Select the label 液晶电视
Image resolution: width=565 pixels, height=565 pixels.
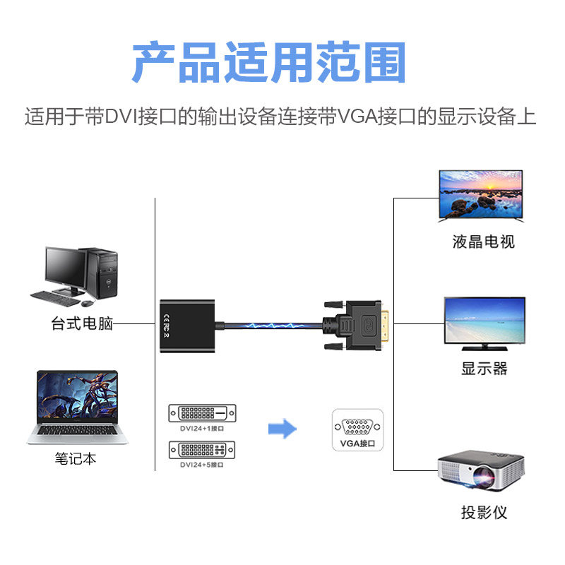(x=483, y=242)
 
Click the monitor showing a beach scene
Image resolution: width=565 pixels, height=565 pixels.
(x=484, y=321)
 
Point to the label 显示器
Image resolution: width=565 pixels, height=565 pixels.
(x=484, y=368)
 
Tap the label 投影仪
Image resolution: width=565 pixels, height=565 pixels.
(x=484, y=512)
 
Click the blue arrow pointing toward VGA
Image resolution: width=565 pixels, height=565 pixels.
(x=282, y=428)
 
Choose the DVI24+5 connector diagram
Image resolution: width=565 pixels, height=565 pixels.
(x=202, y=448)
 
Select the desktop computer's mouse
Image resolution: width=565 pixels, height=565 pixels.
(x=87, y=303)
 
